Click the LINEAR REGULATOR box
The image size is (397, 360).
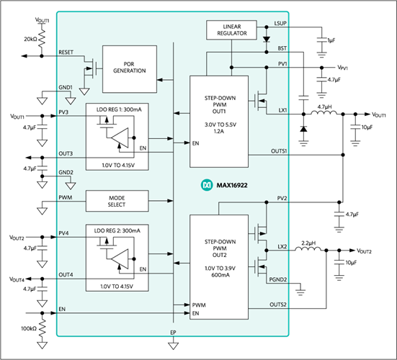coord(231,30)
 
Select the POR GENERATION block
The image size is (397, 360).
coord(130,67)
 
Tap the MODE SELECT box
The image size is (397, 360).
coord(117,201)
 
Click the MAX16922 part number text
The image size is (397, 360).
coord(232,186)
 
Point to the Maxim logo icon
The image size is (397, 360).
coord(205,186)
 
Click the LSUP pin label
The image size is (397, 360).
coord(280,24)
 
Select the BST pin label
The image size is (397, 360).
coord(282,48)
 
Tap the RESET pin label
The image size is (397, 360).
coord(66,53)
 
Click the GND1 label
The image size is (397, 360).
coord(66,87)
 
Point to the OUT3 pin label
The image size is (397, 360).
coord(66,153)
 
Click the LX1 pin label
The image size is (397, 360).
coord(282,110)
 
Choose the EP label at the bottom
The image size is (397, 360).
coord(173,333)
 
